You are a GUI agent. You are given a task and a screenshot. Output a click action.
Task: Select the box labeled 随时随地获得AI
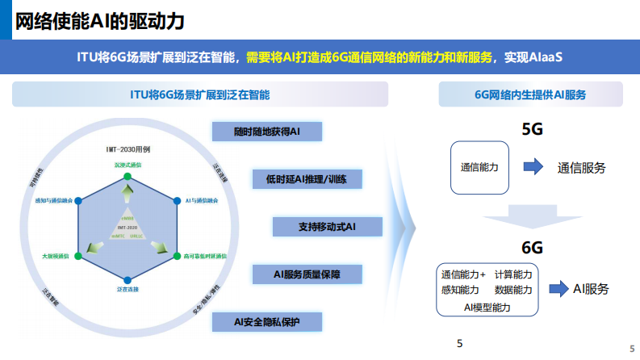[266, 132]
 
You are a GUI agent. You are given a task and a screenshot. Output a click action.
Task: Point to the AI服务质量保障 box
[307, 274]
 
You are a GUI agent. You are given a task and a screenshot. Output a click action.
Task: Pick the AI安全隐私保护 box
[266, 321]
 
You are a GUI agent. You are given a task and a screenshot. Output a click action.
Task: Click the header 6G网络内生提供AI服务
[530, 94]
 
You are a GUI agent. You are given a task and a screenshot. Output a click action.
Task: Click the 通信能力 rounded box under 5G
[479, 168]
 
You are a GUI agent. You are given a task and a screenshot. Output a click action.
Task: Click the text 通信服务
[581, 168]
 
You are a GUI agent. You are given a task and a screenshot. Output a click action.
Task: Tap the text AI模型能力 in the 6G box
[487, 308]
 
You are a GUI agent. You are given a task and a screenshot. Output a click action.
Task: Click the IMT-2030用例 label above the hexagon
[128, 150]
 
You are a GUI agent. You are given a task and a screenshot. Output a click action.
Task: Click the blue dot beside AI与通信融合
[178, 199]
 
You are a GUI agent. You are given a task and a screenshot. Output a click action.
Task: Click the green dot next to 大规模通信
[78, 256]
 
